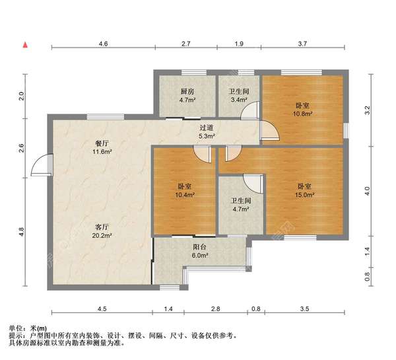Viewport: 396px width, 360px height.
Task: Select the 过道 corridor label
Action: point(207,127)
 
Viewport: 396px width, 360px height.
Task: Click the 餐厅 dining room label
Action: point(102,143)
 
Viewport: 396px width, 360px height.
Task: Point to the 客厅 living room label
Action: point(102,226)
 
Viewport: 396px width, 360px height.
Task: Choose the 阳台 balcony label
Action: point(181,246)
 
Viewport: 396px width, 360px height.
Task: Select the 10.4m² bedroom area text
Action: point(185,196)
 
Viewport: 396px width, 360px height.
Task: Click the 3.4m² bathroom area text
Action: point(238,100)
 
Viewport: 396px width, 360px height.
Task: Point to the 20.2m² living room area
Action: point(102,235)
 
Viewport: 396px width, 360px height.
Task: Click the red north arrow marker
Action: point(24,45)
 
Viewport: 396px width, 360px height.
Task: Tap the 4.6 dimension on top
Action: point(103,43)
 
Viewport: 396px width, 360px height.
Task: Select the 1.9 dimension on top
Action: point(239,43)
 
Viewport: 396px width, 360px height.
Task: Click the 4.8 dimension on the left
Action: point(21,231)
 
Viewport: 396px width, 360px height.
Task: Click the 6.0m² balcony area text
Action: point(181,256)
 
